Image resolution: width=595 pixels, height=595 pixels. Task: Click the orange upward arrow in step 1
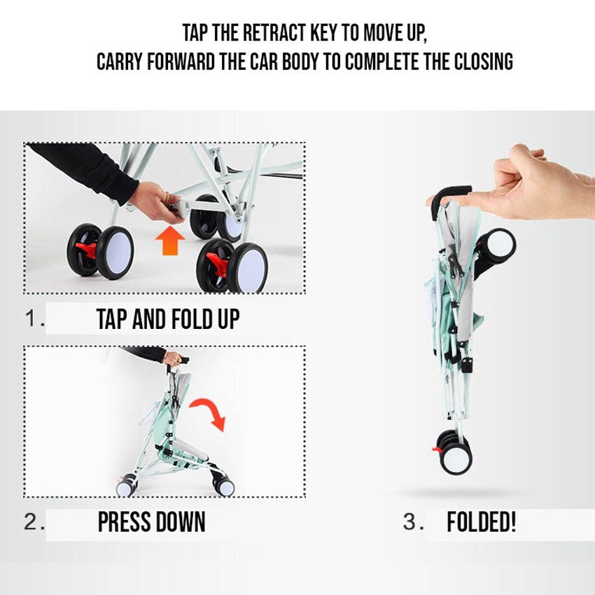pos(170,241)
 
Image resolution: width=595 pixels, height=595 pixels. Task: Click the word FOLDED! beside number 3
pos(481,522)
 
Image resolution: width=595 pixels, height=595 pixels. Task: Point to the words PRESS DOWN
pos(152,522)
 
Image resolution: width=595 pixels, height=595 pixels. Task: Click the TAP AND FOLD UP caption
pos(168,318)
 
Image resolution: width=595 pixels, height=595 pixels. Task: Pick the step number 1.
pos(34,318)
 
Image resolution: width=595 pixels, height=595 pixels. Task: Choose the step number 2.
pos(34,522)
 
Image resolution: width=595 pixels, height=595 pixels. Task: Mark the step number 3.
pos(414,522)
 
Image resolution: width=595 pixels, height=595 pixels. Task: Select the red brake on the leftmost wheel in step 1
pos(87,250)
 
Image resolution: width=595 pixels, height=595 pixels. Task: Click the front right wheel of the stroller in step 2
pos(224,486)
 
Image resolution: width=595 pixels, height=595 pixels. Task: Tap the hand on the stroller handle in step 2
pos(173,358)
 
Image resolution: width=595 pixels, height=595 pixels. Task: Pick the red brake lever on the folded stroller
pos(436,449)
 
